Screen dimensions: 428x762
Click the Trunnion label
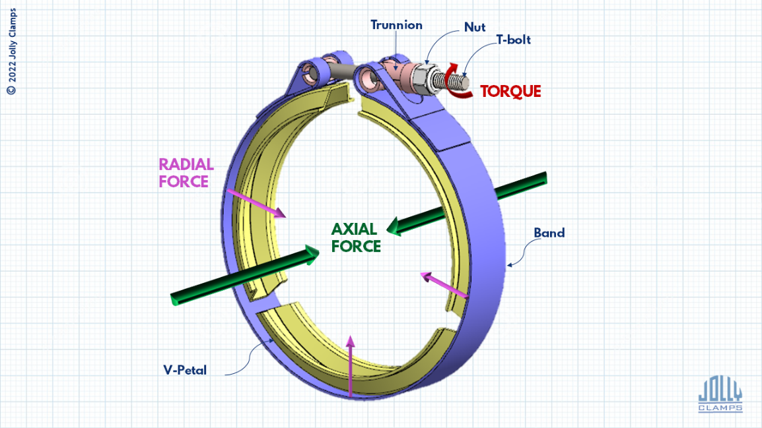point(396,26)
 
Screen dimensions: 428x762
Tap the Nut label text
point(475,27)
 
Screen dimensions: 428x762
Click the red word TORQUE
point(510,92)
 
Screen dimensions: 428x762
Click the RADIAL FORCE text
point(186,172)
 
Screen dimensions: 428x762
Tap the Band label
point(549,233)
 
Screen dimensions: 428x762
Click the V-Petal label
point(186,370)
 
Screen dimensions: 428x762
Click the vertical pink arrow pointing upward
point(351,366)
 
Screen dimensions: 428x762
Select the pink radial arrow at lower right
point(445,285)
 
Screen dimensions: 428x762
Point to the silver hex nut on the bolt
point(421,78)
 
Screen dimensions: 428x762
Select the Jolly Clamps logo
point(720,394)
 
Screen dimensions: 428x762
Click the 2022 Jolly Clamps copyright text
point(11,52)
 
